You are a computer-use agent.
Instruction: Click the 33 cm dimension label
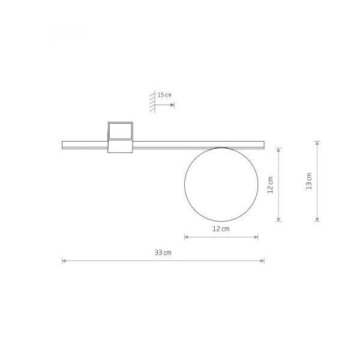(x=163, y=253)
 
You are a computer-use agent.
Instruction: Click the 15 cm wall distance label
(x=164, y=95)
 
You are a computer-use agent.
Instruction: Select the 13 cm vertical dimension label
(x=309, y=181)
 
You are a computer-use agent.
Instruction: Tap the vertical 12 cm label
(x=271, y=185)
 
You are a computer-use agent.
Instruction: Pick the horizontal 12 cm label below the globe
(x=221, y=229)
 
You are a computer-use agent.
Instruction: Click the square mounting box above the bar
(x=121, y=131)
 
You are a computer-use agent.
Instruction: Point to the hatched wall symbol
(x=152, y=101)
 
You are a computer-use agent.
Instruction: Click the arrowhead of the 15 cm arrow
(x=172, y=105)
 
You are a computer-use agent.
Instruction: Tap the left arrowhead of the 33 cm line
(x=64, y=261)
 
